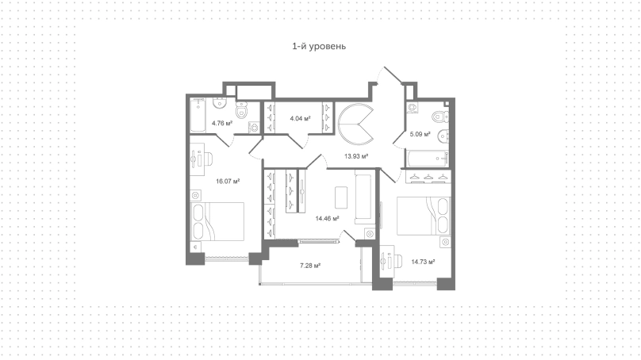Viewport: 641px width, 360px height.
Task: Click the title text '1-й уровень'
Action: click(x=319, y=46)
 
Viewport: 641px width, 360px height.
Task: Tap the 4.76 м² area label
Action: click(x=222, y=123)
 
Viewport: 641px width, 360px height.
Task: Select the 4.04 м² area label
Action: click(x=300, y=118)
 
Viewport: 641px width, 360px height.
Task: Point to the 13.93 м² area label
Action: click(x=356, y=155)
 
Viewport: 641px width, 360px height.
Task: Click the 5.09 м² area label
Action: click(x=420, y=134)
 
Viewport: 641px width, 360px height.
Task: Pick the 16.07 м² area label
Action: click(x=228, y=181)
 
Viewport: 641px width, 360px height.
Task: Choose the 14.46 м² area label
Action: click(x=327, y=218)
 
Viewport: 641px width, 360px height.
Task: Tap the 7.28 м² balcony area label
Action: click(x=310, y=266)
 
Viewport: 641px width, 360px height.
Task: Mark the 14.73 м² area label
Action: click(x=423, y=262)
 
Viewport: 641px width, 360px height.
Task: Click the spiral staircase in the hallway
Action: click(x=355, y=124)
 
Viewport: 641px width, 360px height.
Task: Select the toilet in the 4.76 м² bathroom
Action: click(x=242, y=109)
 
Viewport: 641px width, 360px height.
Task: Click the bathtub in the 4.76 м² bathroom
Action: click(x=198, y=115)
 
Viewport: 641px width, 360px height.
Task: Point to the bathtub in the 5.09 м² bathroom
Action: click(x=427, y=159)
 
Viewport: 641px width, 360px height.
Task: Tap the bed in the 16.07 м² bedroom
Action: click(x=217, y=221)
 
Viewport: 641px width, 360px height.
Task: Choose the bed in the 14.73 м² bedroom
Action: click(x=424, y=216)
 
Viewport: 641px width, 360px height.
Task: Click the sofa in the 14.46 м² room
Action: click(x=365, y=198)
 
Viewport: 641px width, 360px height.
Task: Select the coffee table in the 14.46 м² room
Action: click(x=341, y=197)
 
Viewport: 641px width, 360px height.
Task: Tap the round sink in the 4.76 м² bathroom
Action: click(x=220, y=102)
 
